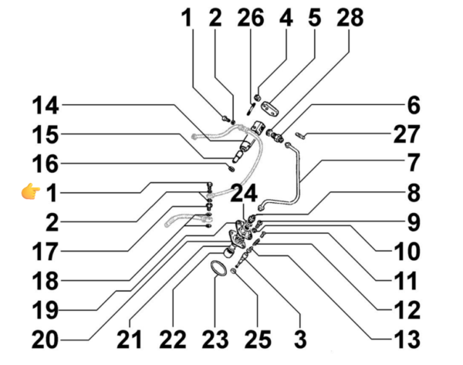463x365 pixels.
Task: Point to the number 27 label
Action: pyautogui.click(x=404, y=134)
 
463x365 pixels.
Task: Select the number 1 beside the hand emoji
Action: pyautogui.click(x=51, y=193)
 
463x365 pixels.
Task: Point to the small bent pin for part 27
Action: pyautogui.click(x=300, y=136)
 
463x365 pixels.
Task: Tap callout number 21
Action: pyautogui.click(x=130, y=337)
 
